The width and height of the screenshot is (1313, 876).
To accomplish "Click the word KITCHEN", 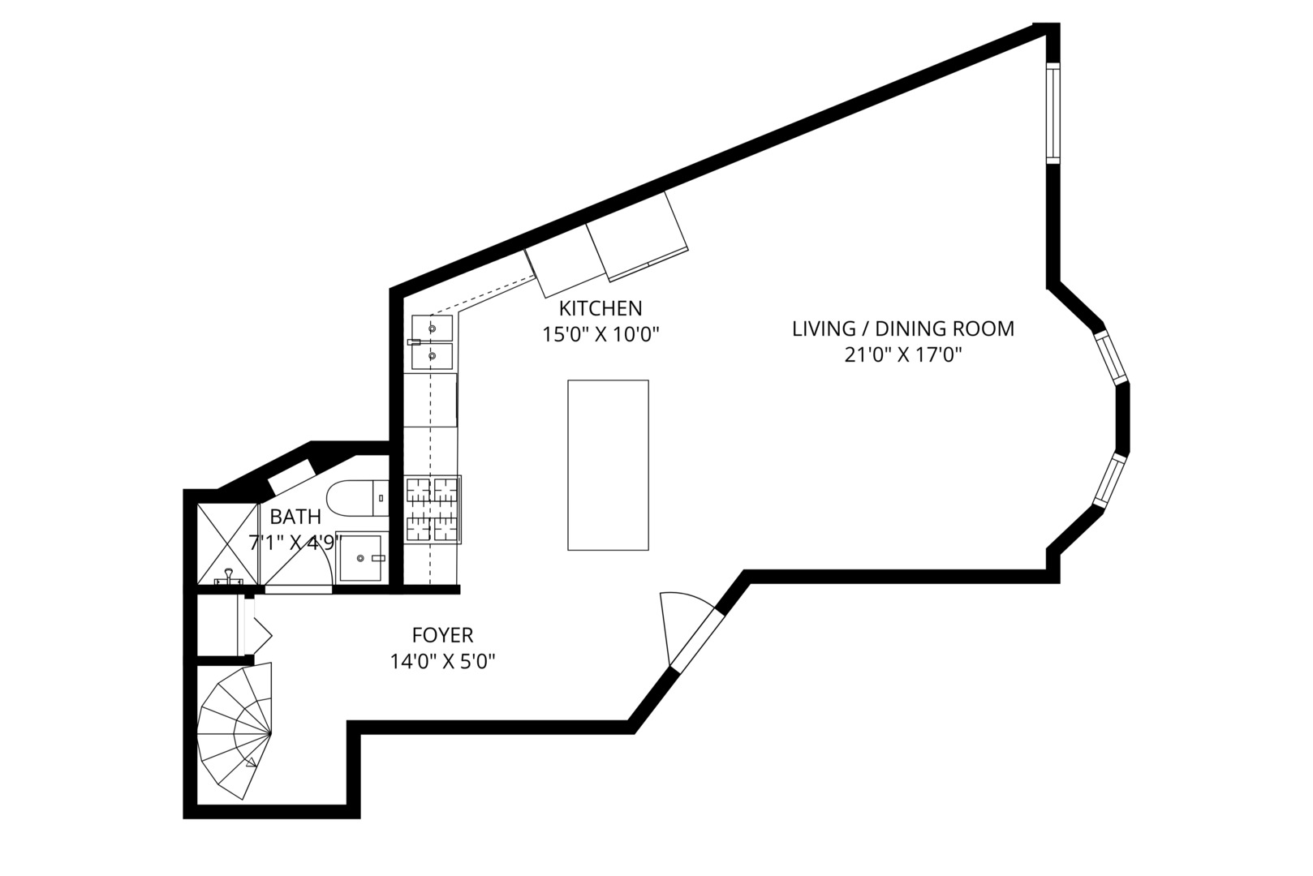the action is (601, 308).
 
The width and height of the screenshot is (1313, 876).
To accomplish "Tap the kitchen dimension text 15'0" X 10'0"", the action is (601, 334).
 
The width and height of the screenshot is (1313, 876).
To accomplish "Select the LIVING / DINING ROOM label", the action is (902, 328).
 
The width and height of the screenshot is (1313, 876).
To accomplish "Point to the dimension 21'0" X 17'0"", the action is (903, 355).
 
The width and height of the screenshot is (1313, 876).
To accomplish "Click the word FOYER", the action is (442, 635).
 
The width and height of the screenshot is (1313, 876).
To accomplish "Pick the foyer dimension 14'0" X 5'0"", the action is (443, 662).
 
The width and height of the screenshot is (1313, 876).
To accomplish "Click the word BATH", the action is (295, 517).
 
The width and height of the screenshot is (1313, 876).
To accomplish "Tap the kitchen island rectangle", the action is (608, 466).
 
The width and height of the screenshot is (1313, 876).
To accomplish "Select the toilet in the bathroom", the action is (357, 498).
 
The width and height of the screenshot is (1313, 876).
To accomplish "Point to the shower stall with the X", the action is (227, 543).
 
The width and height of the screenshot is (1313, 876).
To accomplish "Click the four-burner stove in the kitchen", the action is (433, 509).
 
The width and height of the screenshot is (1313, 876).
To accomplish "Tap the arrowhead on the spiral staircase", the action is (252, 763).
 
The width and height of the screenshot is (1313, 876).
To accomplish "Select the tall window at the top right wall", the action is (1053, 113).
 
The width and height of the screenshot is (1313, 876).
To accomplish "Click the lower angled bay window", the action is (1109, 479).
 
